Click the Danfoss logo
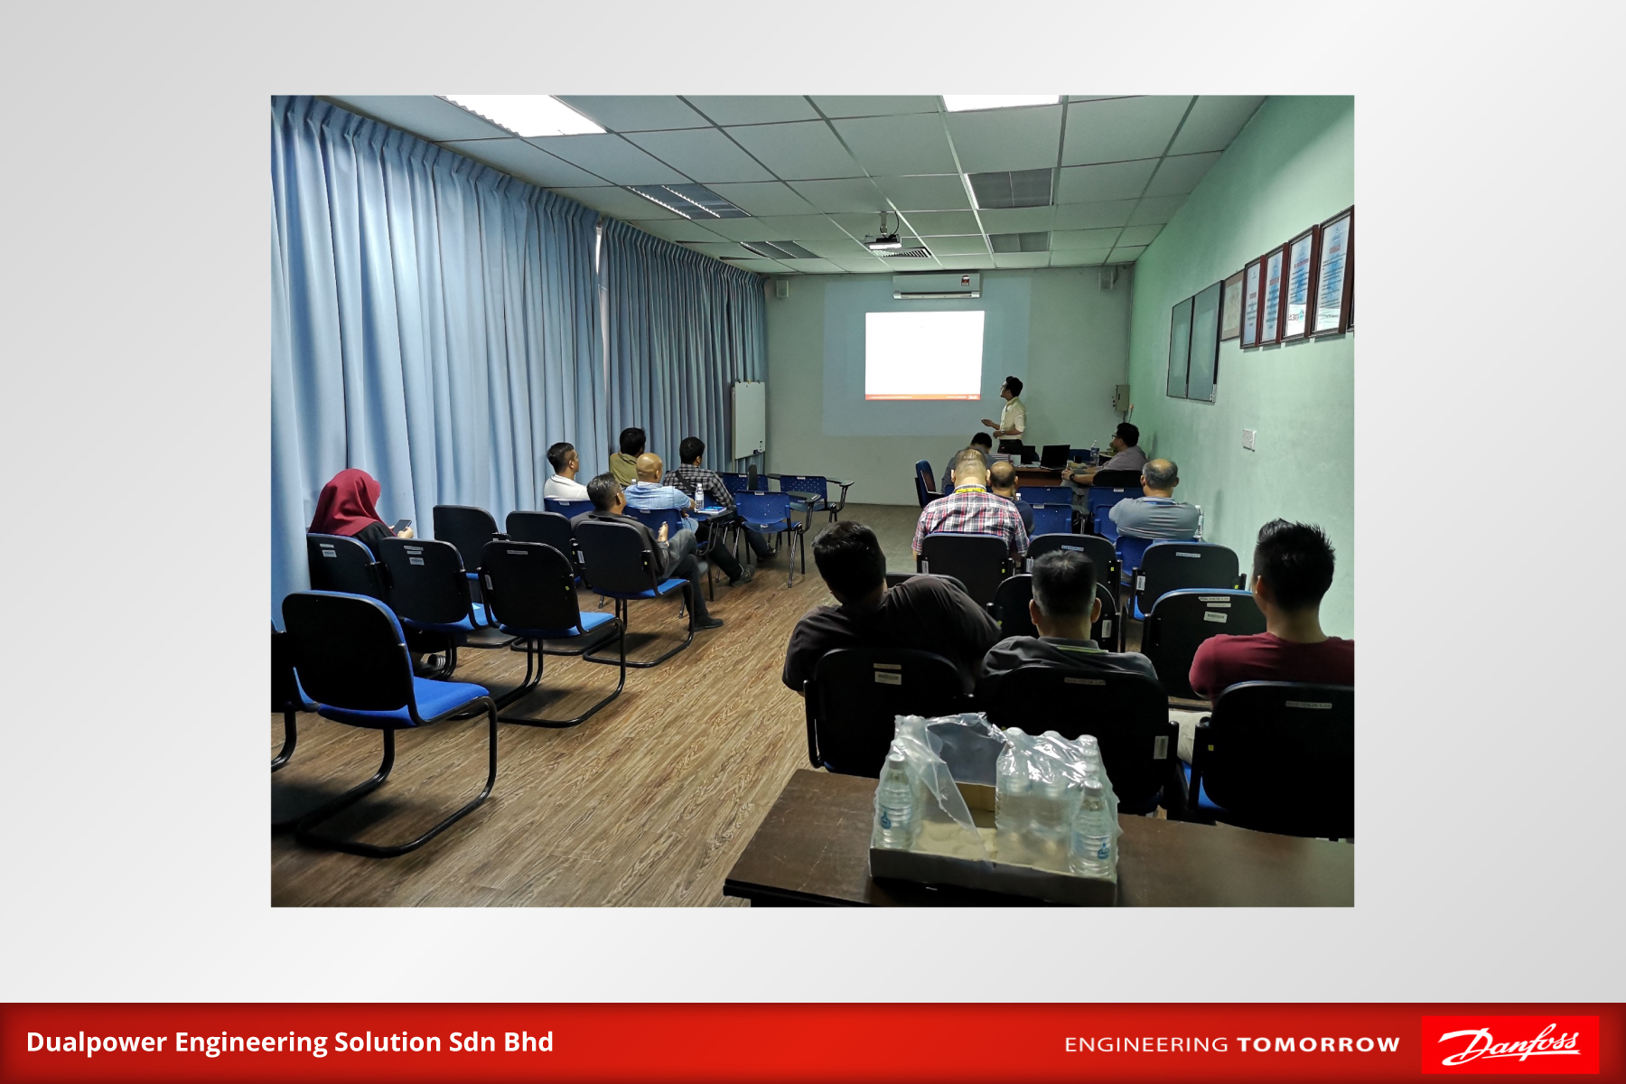1509,1044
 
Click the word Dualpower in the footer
97,1042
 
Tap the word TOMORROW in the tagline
1318,1045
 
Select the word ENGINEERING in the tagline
1146,1045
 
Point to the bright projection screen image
924,354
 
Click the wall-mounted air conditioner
937,285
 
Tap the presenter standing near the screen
1010,416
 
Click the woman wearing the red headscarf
355,512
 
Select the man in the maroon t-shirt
1283,614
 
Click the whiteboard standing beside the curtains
748,420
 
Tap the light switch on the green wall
1248,439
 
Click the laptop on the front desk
1053,456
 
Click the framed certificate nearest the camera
1332,273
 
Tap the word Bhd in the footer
528,1042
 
